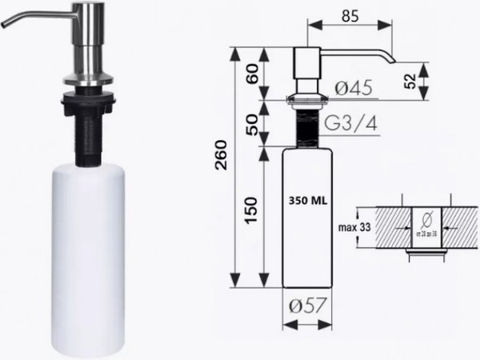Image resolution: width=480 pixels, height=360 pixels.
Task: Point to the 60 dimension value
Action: (252, 75)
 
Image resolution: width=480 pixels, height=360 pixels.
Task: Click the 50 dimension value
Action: (252, 124)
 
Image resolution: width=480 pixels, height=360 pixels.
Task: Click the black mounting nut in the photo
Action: (87, 102)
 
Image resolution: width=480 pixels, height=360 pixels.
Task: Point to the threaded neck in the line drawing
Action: (306, 127)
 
